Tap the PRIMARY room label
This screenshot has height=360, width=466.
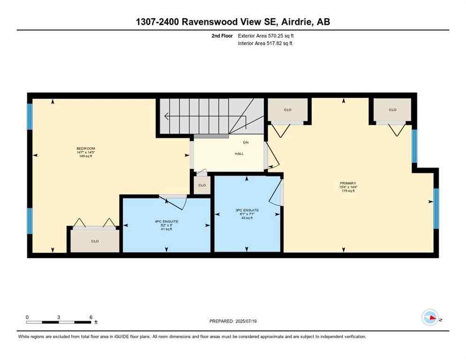pyautogui.click(x=348, y=183)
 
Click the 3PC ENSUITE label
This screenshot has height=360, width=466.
pyautogui.click(x=247, y=210)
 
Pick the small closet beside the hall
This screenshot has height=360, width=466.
pyautogui.click(x=202, y=185)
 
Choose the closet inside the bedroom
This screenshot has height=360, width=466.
pyautogui.click(x=95, y=241)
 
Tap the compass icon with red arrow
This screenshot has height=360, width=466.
pyautogui.click(x=430, y=318)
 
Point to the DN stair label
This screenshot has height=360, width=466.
pyautogui.click(x=246, y=142)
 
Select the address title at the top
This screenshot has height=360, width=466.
pyautogui.click(x=233, y=22)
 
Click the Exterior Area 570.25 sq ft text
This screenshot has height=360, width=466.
pyautogui.click(x=266, y=36)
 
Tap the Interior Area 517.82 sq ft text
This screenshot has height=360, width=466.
pyautogui.click(x=265, y=44)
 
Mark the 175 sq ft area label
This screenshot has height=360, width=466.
pyautogui.click(x=348, y=191)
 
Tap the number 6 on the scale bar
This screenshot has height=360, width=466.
pyautogui.click(x=90, y=317)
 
